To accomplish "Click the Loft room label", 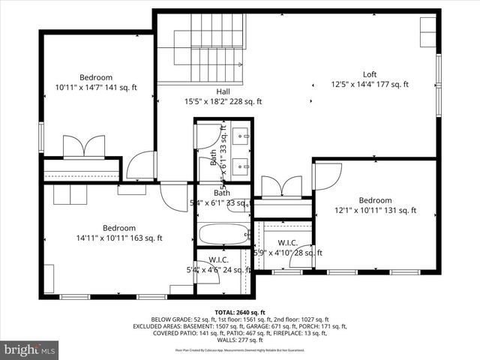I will point(370,74).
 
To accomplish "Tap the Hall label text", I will point(223,91).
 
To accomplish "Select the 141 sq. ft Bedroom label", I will point(96,77).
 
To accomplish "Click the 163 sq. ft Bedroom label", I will point(118,228).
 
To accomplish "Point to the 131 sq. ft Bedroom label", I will point(374,200).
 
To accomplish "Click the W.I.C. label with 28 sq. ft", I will point(289,243).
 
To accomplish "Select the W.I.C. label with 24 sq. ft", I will point(218,260).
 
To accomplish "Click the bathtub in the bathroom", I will point(223,235).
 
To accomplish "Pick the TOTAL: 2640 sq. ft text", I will point(239,311).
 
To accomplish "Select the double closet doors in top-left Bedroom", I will point(83,145).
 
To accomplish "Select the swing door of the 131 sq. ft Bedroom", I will point(327,175).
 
